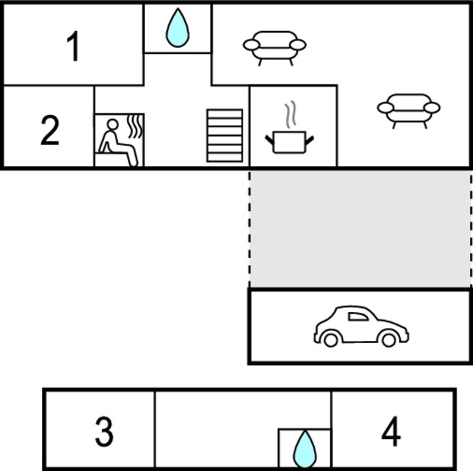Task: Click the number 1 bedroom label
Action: (73, 46)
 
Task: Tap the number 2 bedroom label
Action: (50, 130)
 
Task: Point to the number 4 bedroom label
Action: (391, 431)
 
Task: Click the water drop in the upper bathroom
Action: (178, 27)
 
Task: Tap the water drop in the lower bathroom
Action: (305, 449)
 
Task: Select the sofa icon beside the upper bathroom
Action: (274, 48)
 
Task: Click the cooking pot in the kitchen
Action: (290, 142)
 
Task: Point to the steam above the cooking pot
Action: (290, 114)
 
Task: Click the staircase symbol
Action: (225, 136)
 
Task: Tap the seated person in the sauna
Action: (117, 143)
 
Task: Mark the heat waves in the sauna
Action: (136, 126)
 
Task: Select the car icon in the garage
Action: (361, 326)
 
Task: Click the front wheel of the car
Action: (389, 340)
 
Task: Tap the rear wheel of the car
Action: (331, 340)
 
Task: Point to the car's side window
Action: (358, 316)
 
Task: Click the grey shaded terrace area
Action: (360, 229)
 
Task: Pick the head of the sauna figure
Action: (113, 125)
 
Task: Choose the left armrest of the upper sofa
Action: (251, 45)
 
